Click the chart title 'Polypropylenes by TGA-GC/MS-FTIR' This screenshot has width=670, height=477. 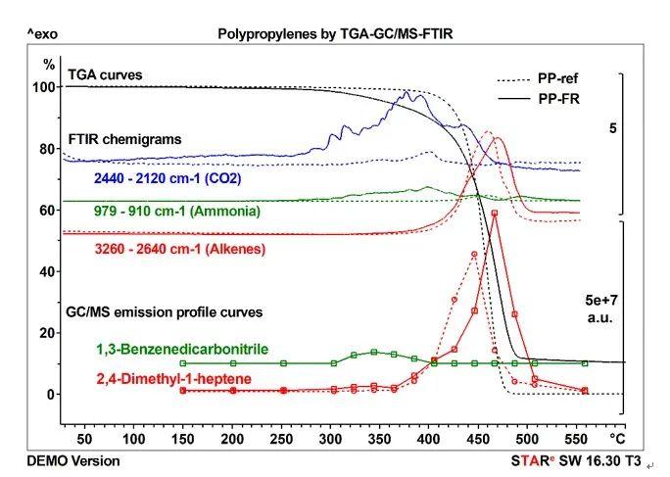[336, 33]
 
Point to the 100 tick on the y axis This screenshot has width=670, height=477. [42, 86]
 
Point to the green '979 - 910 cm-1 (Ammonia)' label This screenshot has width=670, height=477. [183, 211]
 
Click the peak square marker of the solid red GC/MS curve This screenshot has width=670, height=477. [495, 213]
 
